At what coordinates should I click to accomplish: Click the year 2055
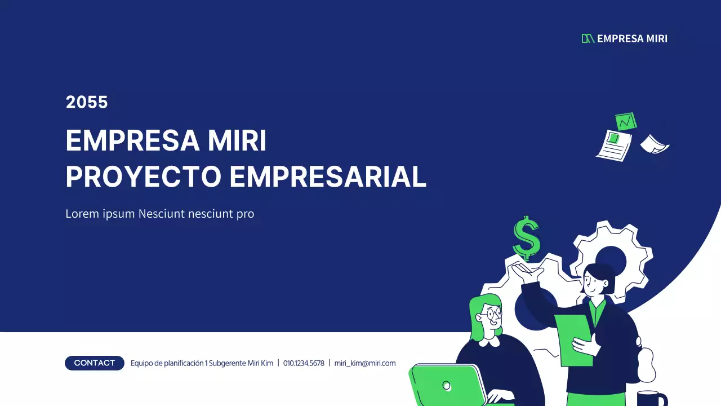pyautogui.click(x=87, y=102)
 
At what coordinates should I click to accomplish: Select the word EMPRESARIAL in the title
pyautogui.click(x=327, y=176)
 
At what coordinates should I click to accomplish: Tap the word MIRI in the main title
pyautogui.click(x=237, y=140)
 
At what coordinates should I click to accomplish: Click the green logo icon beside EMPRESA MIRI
pyautogui.click(x=588, y=38)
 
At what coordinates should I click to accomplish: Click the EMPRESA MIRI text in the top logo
pyautogui.click(x=632, y=38)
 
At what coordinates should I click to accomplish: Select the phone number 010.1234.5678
pyautogui.click(x=304, y=363)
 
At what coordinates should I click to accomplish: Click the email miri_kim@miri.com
pyautogui.click(x=365, y=363)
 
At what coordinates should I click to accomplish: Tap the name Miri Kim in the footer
pyautogui.click(x=260, y=363)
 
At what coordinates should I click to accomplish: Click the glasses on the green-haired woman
pyautogui.click(x=493, y=313)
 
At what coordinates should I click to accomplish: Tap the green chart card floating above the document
pyautogui.click(x=625, y=121)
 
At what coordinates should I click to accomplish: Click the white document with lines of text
pyautogui.click(x=614, y=144)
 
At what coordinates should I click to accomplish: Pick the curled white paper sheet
pyautogui.click(x=654, y=144)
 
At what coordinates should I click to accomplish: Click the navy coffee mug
pyautogui.click(x=652, y=399)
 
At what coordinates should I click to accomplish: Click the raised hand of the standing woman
pyautogui.click(x=527, y=273)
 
